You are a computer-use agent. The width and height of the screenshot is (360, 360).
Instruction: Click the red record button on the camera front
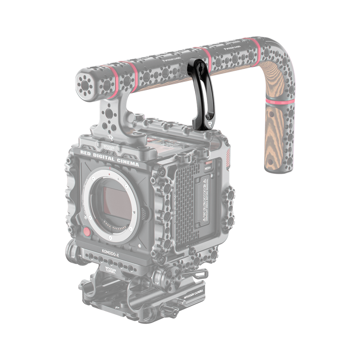click(x=86, y=232)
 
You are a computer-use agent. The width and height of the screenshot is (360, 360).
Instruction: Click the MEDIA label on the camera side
click(x=207, y=169)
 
